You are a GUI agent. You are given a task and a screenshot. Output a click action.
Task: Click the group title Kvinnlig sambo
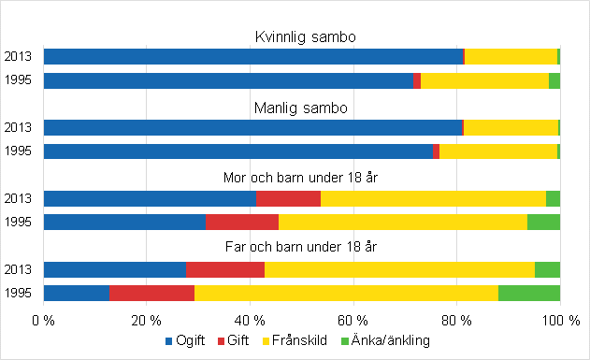coord(301,37)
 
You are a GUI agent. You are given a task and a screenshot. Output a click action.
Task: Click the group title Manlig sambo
coord(301,108)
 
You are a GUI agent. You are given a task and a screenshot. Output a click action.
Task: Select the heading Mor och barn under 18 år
coord(301,178)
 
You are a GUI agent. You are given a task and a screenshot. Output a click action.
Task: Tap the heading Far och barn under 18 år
coord(301,247)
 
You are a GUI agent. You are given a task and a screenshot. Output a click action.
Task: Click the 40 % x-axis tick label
coord(250,320)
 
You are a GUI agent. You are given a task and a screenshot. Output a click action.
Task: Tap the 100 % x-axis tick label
coord(557,320)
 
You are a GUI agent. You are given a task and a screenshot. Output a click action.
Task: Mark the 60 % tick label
coord(353,320)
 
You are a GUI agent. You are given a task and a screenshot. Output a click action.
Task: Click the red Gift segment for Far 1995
coord(151,293)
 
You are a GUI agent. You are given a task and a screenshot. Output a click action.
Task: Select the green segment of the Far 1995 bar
coord(528,293)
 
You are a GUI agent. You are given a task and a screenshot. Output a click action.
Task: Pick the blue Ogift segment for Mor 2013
coord(150,198)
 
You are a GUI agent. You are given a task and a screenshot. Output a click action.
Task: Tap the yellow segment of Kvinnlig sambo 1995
coord(484,80)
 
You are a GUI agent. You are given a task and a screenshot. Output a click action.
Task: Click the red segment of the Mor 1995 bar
coord(241,222)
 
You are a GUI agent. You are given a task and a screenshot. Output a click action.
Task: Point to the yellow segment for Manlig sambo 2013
coord(511,127)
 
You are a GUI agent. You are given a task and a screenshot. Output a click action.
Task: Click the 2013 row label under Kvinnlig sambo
coord(19,57)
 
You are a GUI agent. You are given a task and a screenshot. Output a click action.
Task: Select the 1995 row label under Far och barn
coord(19,293)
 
